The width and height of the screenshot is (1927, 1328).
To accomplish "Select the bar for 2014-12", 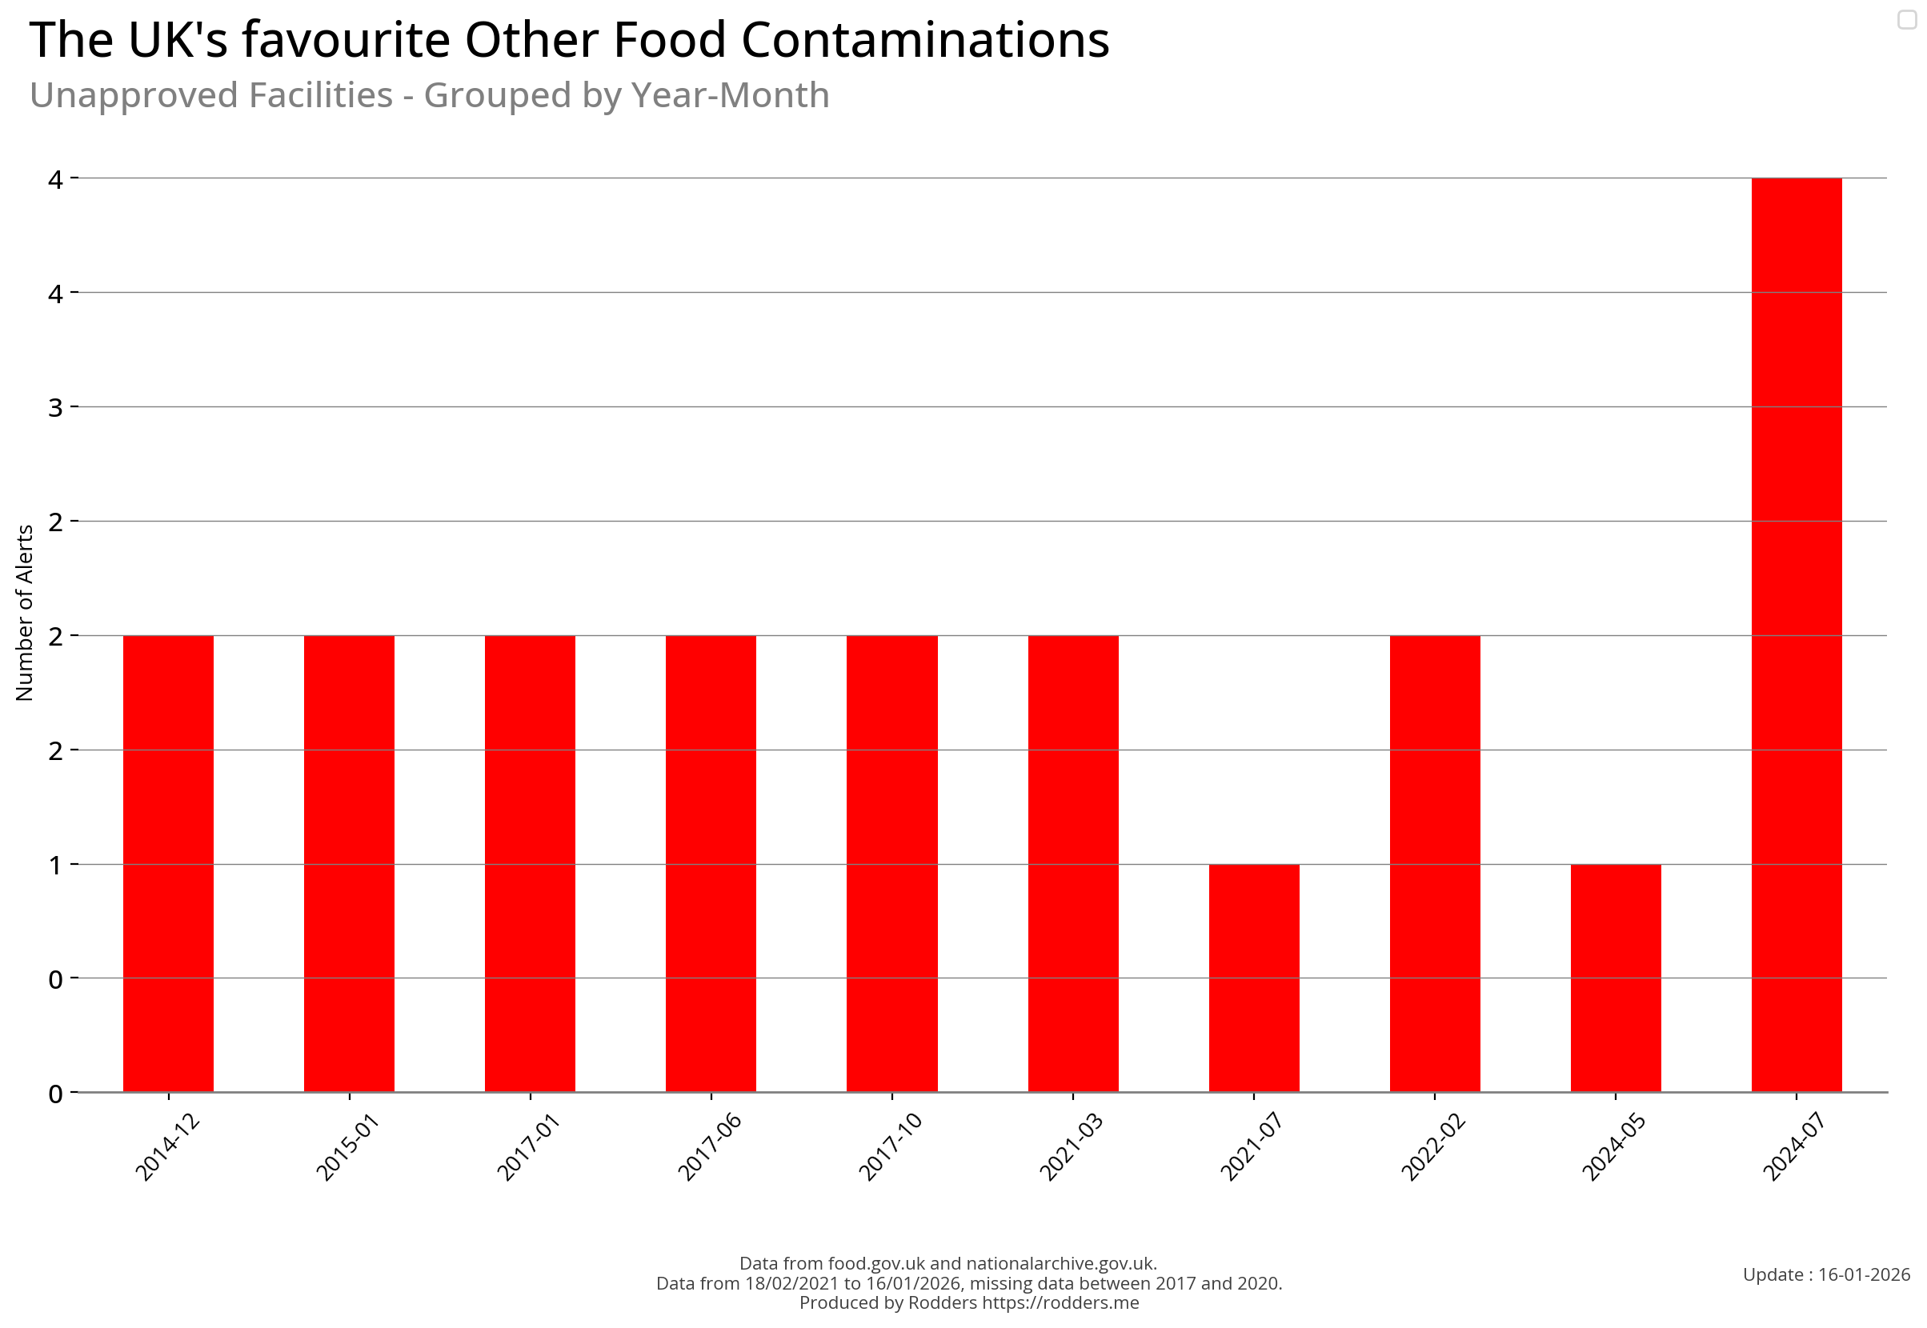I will click(x=168, y=864).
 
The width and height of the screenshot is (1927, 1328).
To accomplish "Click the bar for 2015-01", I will click(x=349, y=864).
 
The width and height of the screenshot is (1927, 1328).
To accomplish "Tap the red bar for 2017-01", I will click(x=530, y=864).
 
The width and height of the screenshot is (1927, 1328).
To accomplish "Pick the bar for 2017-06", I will click(x=710, y=864).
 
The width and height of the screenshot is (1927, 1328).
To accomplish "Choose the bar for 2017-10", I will click(x=891, y=864).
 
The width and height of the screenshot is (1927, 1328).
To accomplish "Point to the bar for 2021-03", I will click(x=1072, y=864).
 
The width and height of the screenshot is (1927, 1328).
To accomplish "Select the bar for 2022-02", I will click(x=1434, y=864).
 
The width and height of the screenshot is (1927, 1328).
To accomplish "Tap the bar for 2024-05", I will click(x=1615, y=978).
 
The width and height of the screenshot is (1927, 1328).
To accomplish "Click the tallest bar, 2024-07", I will click(x=1796, y=635).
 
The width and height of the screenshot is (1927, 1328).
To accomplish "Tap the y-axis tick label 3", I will click(x=55, y=408).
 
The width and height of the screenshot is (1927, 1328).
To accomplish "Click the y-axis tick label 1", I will click(x=55, y=866).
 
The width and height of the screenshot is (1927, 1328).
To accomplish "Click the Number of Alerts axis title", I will click(x=24, y=613).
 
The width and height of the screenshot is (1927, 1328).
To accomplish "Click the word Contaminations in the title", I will click(x=924, y=40).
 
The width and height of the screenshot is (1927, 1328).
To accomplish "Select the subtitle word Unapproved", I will click(x=210, y=96).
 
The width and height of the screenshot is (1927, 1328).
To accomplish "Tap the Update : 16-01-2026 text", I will click(x=1825, y=1274).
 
